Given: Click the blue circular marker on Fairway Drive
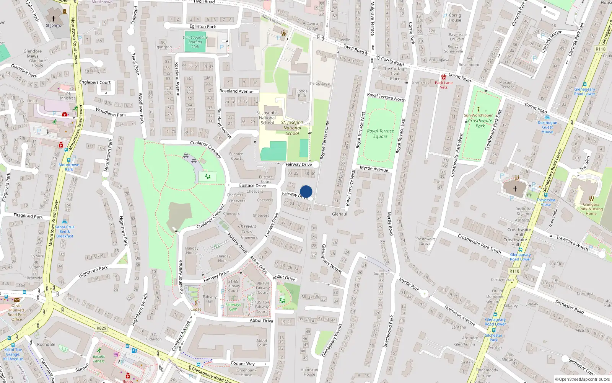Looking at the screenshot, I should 306,191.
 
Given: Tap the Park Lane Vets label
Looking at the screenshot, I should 444,85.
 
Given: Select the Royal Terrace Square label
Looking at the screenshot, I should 380,133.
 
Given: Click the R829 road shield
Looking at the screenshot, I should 101,328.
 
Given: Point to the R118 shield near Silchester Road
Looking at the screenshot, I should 514,271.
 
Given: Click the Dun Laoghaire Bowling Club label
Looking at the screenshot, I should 195,42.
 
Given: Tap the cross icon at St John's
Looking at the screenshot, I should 54,18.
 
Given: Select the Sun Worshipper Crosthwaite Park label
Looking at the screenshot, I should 479,121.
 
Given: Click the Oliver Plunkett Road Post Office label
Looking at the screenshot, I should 16,313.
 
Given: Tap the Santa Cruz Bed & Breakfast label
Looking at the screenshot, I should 65,231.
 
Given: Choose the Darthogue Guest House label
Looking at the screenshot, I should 547,127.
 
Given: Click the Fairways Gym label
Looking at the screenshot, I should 233,307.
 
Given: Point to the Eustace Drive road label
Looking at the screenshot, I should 252,185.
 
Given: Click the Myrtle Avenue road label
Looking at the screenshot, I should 374,169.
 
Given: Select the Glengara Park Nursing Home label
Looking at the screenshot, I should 591,209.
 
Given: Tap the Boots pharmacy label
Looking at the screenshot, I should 128,381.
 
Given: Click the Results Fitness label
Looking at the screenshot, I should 99,358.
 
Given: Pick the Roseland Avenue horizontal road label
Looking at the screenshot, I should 236,91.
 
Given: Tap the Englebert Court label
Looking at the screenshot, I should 95,82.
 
